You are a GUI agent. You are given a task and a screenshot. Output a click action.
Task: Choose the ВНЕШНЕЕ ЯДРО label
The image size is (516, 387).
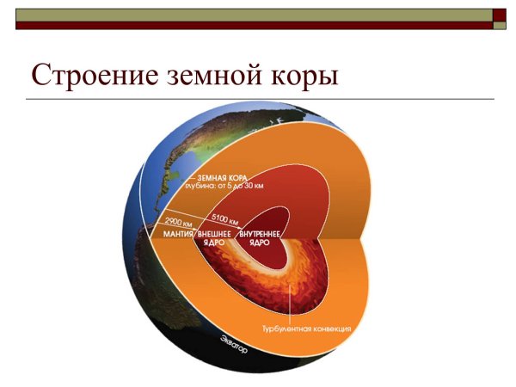click(212, 238)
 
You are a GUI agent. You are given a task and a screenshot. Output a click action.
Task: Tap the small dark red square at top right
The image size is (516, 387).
click(500, 15)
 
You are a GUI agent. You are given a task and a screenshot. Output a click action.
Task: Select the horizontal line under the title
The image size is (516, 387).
click(258, 99)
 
